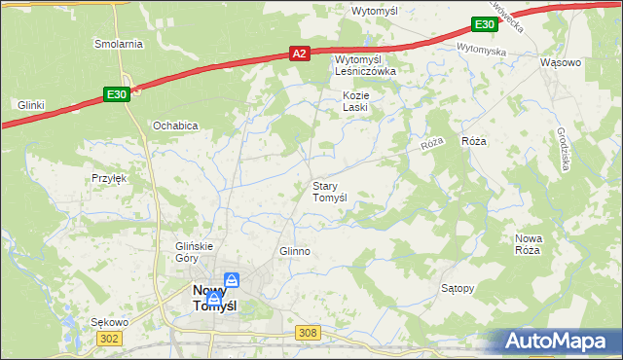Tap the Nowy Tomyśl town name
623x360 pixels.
tap(215, 298)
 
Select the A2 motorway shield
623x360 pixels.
tap(300, 55)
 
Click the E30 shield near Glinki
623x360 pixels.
tap(116, 93)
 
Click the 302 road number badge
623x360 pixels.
tap(109, 337)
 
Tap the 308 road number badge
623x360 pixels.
tap(308, 333)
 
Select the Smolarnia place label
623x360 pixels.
tap(118, 44)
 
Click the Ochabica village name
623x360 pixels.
tap(175, 126)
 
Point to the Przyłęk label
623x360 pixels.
tap(109, 178)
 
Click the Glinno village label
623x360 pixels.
tap(294, 251)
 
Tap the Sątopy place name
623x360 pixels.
tap(458, 288)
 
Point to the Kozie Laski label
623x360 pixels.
tap(354, 101)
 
